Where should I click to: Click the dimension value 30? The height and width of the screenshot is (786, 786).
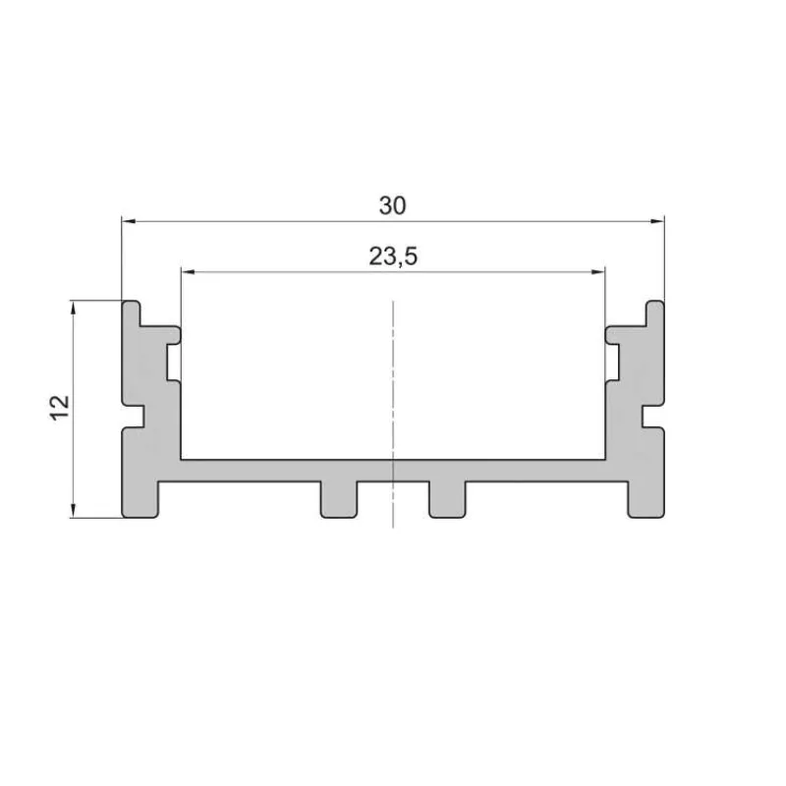(392, 206)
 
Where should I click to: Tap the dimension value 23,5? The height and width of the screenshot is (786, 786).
(393, 256)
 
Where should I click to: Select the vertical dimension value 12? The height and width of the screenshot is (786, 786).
(60, 408)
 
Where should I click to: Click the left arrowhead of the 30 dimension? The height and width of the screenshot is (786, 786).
(129, 220)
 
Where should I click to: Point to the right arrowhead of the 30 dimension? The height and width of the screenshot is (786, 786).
(657, 221)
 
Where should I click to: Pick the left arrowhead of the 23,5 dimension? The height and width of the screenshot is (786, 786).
(188, 272)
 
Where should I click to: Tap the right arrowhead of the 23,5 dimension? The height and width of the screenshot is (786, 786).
(598, 272)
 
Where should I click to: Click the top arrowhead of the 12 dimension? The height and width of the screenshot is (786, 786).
(74, 308)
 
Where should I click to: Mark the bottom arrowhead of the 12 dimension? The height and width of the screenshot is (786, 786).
(73, 510)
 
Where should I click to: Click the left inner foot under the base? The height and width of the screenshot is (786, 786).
(339, 500)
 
